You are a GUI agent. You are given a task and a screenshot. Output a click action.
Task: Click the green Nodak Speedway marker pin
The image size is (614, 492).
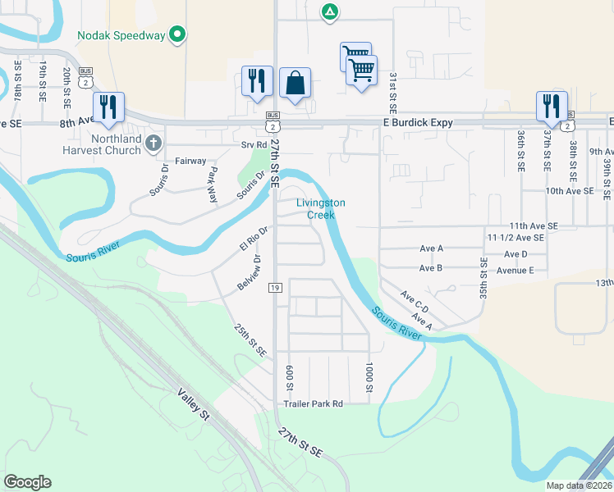pos(176,34)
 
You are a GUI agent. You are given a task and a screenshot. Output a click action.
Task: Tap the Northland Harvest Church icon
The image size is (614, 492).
pos(153,144)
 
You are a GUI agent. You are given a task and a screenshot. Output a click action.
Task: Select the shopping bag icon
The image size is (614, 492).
pos(295,83)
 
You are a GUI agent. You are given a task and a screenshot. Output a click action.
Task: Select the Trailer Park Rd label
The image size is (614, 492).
pos(313,403)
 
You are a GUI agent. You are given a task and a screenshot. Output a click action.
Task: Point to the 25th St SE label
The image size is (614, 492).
pos(249,339)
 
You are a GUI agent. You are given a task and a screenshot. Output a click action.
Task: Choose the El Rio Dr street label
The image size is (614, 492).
pos(254,238)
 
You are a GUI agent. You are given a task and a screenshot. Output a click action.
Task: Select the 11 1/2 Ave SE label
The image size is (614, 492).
pos(515,237)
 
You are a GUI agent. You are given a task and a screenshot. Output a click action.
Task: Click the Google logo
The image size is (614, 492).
pos(27,482)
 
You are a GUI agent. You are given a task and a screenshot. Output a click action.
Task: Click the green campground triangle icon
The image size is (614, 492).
pos(328,11)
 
